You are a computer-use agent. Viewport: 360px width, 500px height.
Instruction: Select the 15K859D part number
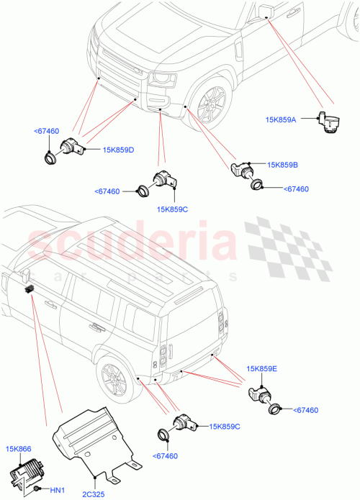click(x=119, y=150)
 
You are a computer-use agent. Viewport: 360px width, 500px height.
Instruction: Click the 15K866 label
click(x=19, y=447)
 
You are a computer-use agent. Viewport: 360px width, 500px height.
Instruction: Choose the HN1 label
click(x=58, y=491)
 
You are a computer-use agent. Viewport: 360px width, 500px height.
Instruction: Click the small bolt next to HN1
click(x=36, y=489)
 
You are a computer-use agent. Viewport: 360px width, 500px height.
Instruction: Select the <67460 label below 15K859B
click(x=297, y=189)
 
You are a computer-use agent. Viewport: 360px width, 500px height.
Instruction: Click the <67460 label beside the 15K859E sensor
click(x=306, y=410)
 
